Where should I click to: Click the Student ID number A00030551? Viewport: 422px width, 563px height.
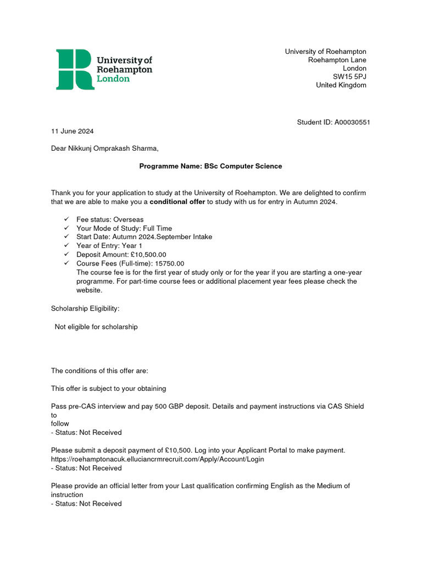tap(352, 122)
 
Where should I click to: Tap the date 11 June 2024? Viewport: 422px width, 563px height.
tap(73, 131)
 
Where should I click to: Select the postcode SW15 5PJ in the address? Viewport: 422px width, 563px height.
tap(349, 76)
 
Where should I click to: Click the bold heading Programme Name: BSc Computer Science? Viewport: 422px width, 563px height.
tap(210, 166)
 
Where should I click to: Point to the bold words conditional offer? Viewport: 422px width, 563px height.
tap(177, 202)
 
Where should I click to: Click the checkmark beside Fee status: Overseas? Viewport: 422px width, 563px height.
tap(66, 219)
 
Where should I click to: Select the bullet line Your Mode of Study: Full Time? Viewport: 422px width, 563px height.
tap(124, 228)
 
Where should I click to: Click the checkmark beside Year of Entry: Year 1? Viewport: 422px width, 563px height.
tap(66, 246)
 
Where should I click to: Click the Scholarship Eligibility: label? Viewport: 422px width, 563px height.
tap(85, 309)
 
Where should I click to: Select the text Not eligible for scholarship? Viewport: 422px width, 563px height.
tap(96, 327)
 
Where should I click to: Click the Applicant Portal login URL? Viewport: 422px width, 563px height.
tap(158, 459)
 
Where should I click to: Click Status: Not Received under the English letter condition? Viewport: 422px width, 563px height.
tap(86, 504)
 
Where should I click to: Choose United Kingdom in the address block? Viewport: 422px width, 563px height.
tap(341, 85)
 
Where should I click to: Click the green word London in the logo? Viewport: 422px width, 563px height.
tap(113, 79)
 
